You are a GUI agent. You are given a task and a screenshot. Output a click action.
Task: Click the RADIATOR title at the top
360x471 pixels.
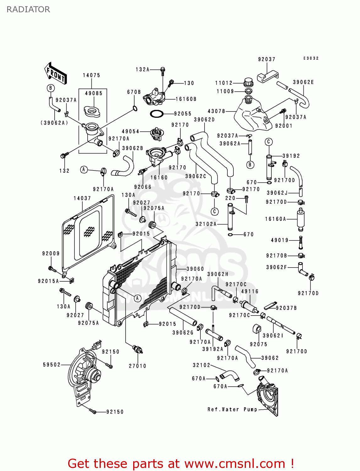28,9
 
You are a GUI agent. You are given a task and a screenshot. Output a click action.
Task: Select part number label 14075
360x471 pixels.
91,75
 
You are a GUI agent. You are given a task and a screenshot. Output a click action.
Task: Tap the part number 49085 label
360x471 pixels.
94,94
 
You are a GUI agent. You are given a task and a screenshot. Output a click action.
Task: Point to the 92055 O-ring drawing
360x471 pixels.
157,114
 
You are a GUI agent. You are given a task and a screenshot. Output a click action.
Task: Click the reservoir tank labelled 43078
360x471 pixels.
253,116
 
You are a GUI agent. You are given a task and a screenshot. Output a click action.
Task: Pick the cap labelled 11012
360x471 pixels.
248,83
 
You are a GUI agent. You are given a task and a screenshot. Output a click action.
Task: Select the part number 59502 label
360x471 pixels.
52,365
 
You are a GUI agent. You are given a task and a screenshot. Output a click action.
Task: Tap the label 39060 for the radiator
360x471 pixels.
195,269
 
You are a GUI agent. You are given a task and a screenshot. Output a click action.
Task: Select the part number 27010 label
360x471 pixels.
138,366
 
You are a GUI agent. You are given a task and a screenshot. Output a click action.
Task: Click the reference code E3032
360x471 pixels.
311,58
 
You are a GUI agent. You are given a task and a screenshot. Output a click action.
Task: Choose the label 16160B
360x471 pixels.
186,99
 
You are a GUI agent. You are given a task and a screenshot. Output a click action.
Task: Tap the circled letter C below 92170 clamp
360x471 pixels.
215,211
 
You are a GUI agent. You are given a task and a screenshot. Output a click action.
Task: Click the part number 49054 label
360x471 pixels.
131,132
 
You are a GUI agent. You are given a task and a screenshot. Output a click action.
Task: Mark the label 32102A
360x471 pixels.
206,224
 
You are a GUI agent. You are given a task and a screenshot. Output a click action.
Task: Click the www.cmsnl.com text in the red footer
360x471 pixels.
235,464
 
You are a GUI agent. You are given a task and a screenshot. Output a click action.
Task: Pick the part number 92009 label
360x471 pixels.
51,254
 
